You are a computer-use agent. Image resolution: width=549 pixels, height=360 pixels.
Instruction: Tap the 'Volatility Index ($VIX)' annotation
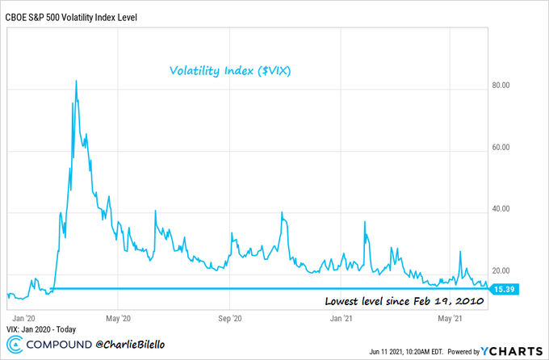[231, 71]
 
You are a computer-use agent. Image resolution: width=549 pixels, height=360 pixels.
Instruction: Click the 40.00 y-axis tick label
[505, 209]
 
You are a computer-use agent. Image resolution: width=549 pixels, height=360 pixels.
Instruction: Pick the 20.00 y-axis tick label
[505, 271]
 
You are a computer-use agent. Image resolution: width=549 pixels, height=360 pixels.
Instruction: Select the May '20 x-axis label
[118, 318]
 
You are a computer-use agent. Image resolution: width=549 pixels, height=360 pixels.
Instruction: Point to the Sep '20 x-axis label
[231, 318]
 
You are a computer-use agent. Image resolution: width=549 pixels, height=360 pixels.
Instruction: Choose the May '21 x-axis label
[450, 318]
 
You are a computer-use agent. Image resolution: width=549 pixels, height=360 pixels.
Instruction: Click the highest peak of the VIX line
[76, 82]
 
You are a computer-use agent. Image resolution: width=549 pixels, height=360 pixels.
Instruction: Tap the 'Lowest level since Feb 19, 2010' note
[403, 301]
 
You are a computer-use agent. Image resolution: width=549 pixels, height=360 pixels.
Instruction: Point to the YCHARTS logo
[515, 350]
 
